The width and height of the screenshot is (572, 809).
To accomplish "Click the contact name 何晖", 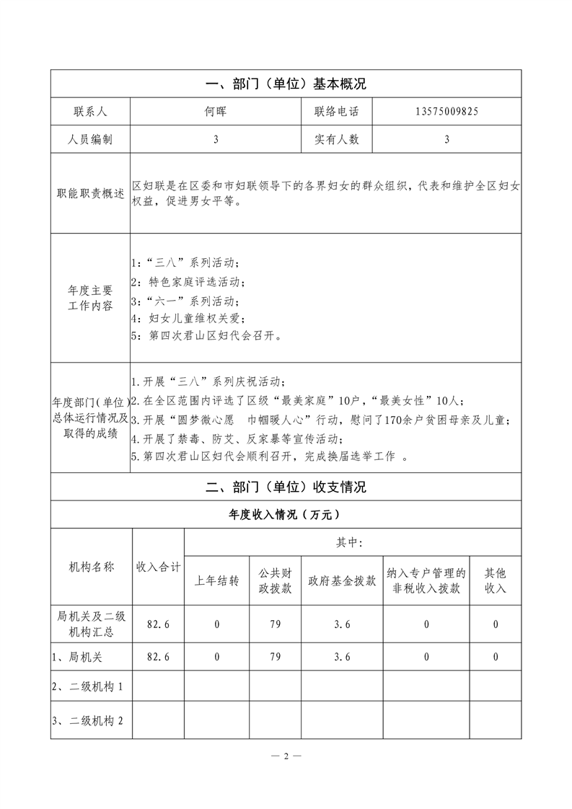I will point(216,112).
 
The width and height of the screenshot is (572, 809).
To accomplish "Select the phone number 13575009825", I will point(446,112).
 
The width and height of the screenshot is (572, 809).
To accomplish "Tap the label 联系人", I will point(90,112).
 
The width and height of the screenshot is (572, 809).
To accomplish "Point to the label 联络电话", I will point(336,112).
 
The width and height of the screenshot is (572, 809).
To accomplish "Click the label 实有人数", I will point(336,140).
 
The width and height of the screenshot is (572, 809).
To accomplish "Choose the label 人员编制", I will point(90,140).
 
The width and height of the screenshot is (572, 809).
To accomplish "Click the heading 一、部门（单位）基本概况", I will point(286,84).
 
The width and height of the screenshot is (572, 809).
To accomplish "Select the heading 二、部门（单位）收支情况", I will point(286,487).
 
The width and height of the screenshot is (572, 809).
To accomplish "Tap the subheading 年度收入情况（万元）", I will point(286,515).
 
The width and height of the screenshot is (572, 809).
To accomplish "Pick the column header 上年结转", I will point(216,581).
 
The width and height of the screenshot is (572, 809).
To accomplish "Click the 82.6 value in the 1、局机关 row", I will point(158,657).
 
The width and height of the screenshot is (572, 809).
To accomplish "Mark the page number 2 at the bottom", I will point(286,756).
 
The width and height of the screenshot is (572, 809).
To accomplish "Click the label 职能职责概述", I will point(90,194).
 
